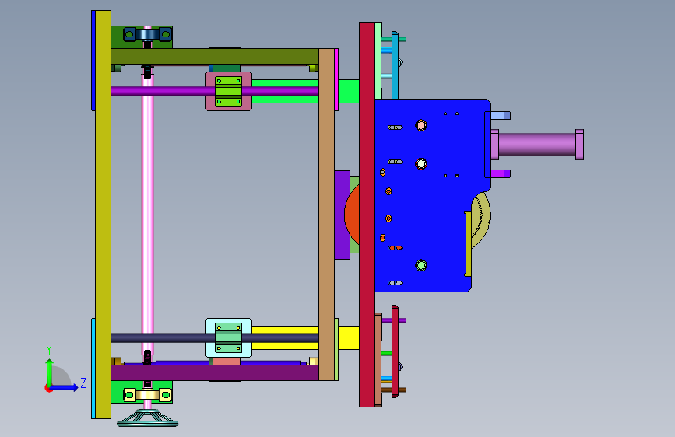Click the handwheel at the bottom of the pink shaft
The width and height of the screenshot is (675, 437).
148,418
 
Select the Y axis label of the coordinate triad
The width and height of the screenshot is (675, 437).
49,349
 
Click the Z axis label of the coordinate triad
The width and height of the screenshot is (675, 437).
83,383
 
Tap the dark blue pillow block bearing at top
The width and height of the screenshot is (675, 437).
148,34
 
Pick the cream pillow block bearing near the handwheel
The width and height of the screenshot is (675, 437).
148,395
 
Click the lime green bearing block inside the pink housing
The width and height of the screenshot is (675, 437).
228,91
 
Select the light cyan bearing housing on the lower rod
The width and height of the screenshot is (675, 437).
228,337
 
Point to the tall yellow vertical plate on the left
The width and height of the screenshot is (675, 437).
103,214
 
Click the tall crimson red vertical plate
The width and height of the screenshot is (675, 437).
367,214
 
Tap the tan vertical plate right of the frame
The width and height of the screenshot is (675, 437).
327,214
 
